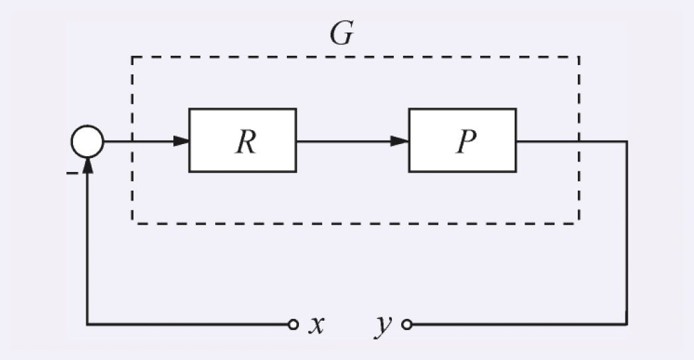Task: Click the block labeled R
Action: tap(242, 141)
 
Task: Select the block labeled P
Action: tap(462, 141)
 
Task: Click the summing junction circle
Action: tap(87, 141)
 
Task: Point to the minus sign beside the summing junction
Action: tap(71, 173)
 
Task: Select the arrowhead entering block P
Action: tap(400, 141)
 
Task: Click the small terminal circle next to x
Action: tap(292, 325)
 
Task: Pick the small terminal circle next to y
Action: tap(407, 325)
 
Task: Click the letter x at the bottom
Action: tap(316, 325)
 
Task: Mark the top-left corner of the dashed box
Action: tap(132, 57)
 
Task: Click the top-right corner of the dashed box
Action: tap(579, 57)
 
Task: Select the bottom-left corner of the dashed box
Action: tap(132, 223)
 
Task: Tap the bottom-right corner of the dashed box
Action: tap(579, 223)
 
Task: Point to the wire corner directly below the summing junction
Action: tap(87, 325)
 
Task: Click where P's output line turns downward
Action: tap(627, 141)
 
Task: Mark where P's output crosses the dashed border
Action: tap(579, 141)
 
